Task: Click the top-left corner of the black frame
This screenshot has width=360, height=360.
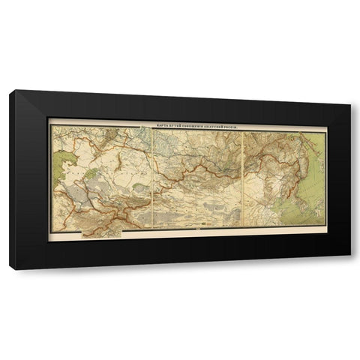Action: (x=10, y=91)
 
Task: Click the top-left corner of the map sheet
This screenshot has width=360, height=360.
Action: (x=50, y=124)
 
